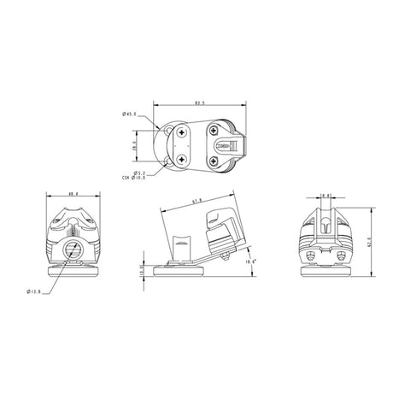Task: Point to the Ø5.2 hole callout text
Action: [137, 172]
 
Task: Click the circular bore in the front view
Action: [73, 249]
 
